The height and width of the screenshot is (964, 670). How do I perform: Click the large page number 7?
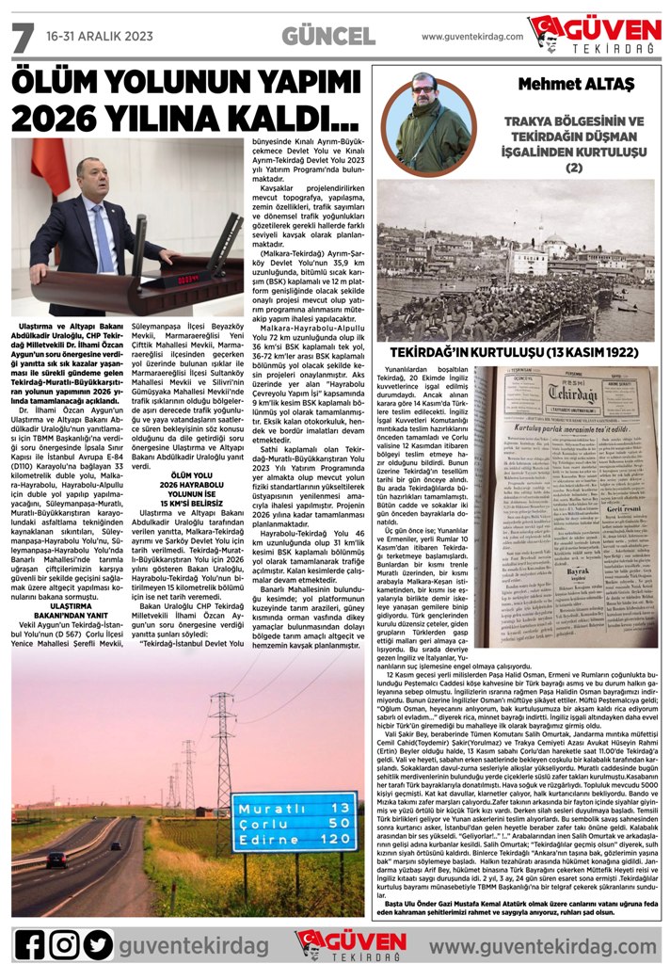tap(21, 37)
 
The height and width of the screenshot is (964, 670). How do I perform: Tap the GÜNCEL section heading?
tap(327, 36)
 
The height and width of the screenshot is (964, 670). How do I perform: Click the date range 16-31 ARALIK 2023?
tap(99, 37)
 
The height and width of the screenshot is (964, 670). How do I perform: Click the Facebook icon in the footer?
tap(30, 944)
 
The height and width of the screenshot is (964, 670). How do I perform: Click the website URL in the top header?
tap(471, 37)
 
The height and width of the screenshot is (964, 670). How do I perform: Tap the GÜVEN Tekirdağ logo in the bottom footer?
tap(341, 943)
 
